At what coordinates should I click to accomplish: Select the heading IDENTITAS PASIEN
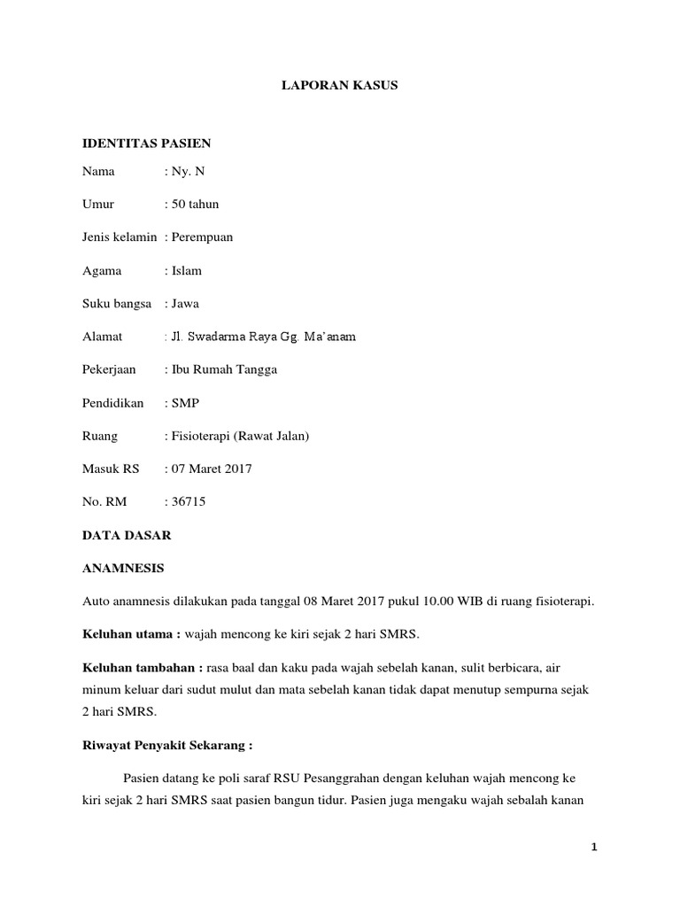point(146,143)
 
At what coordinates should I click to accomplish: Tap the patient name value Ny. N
point(187,171)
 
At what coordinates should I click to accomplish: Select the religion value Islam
point(186,270)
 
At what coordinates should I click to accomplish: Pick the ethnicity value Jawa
point(185,303)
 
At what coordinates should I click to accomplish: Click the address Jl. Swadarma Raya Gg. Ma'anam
point(263,337)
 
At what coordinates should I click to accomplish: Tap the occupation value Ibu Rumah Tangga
point(223,369)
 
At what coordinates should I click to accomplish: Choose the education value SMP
point(185,403)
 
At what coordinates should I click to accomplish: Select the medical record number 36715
point(188,501)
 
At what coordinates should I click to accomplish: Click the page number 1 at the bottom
point(595,847)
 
